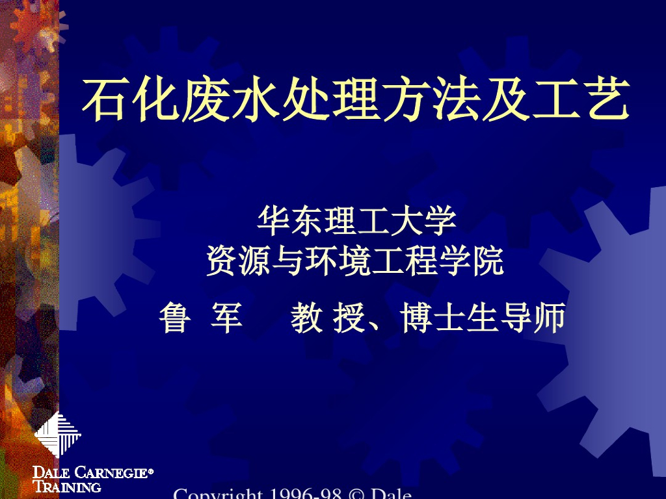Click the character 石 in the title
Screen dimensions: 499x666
click(x=103, y=100)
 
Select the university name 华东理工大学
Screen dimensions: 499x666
click(x=357, y=221)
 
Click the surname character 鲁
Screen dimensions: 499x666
click(x=174, y=319)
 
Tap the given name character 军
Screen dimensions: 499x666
click(x=226, y=319)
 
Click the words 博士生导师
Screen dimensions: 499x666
click(x=482, y=319)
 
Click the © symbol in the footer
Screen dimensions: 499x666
click(x=358, y=495)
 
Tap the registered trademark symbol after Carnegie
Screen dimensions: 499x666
click(x=151, y=470)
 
